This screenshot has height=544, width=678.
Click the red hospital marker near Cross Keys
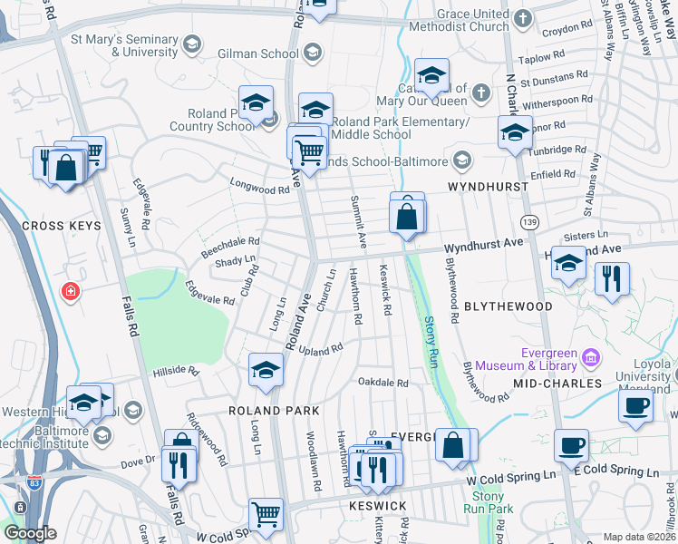click(x=70, y=291)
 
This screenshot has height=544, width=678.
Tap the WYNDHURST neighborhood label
click(x=488, y=186)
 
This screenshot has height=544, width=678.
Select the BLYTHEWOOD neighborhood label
click(x=508, y=306)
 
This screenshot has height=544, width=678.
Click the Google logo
click(x=30, y=533)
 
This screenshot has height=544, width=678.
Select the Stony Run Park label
click(x=489, y=502)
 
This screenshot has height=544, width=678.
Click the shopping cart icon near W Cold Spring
click(x=266, y=514)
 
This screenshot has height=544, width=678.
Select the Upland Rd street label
click(x=321, y=349)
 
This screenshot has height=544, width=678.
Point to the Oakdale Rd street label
click(x=383, y=383)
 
